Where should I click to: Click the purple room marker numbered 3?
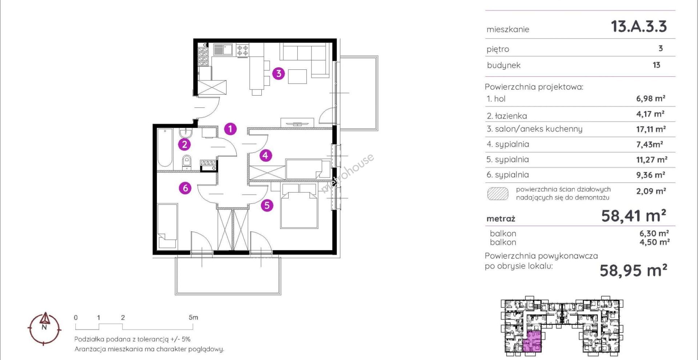coord(278,73)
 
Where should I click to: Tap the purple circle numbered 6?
coord(185,188)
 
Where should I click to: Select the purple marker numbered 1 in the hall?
coord(230,128)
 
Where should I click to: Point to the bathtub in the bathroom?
coord(165,149)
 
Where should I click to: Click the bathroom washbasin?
coord(186,133)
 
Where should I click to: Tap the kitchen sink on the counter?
coord(223,49)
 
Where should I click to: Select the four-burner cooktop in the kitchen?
coord(242,50)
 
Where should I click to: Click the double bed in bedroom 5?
coord(299,205)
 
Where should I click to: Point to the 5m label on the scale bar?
coord(193,317)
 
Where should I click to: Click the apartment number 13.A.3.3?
coord(639,27)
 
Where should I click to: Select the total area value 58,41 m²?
coord(634,216)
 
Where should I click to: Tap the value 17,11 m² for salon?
coord(651,129)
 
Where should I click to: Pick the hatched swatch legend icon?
coord(498,193)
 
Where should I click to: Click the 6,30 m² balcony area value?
coord(654,233)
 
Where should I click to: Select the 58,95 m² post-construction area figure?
coord(633,271)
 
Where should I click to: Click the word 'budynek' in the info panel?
coord(504,65)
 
